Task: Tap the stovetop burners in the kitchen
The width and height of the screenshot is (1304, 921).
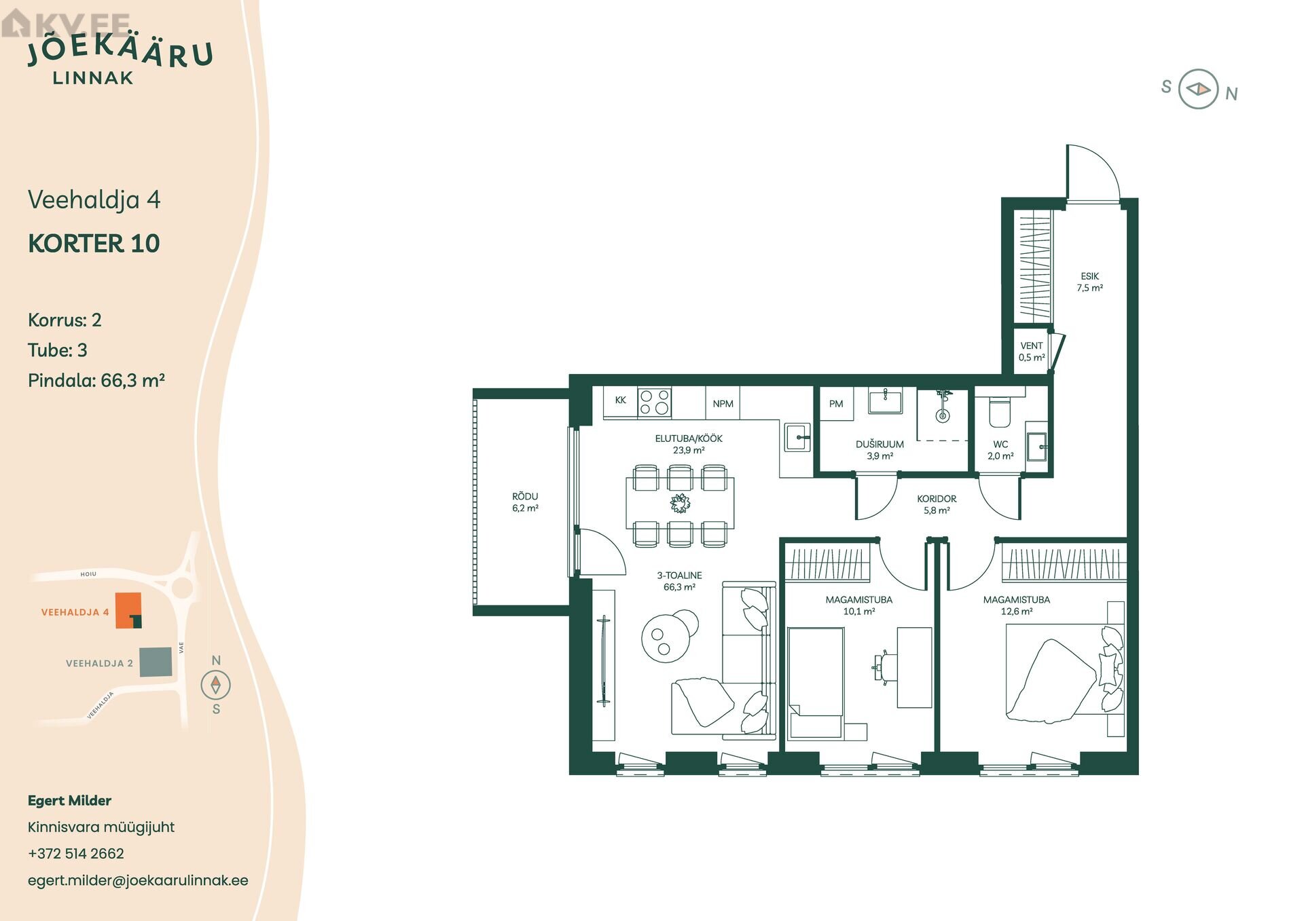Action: pos(654,401)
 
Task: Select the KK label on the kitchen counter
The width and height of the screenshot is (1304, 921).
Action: pos(620,400)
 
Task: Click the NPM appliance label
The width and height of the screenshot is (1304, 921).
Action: pos(723,404)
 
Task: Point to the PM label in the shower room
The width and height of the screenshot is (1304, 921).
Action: pos(836,404)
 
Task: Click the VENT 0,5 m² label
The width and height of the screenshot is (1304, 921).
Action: pos(1032,352)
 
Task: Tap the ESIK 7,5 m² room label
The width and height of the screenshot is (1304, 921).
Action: pos(1089,282)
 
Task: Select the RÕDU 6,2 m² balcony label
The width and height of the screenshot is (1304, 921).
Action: pos(525,502)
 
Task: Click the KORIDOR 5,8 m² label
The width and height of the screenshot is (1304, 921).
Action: pos(937,504)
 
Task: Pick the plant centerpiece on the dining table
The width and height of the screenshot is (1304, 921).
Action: pos(680,504)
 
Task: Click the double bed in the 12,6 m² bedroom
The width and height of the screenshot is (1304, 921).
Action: pos(1064,669)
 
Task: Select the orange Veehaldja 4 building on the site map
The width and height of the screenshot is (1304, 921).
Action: pos(128,610)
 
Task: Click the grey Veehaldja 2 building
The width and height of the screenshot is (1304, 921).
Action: pos(156,662)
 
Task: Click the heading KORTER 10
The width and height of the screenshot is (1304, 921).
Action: pos(94,243)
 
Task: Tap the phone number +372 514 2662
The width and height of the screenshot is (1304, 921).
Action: pos(76,853)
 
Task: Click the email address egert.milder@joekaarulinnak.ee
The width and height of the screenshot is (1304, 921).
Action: pos(138,880)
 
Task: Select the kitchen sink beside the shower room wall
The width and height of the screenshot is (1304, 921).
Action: pos(797,437)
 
